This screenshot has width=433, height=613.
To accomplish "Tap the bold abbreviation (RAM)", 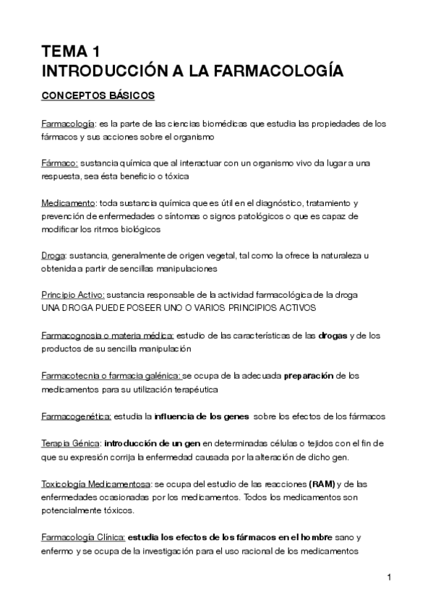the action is point(321,483).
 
